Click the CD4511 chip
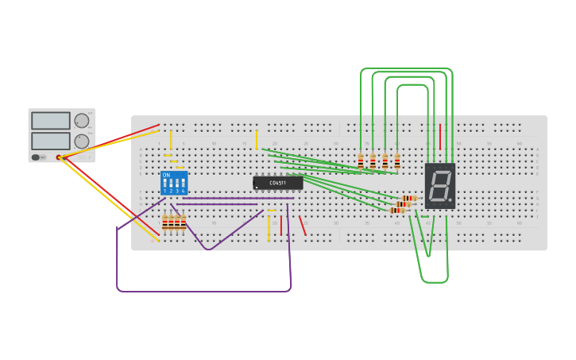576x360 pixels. click(x=278, y=183)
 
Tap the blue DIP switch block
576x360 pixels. click(x=174, y=183)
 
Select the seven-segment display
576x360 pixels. click(x=439, y=186)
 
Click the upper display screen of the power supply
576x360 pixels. click(x=51, y=121)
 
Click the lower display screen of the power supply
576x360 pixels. click(x=51, y=141)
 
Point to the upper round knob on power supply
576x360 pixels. click(x=82, y=121)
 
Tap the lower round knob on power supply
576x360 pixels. click(x=82, y=141)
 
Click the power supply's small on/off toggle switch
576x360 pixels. click(x=37, y=157)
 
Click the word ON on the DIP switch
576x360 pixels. click(x=166, y=175)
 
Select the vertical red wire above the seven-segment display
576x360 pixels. click(x=440, y=137)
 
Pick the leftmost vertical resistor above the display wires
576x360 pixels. click(x=361, y=161)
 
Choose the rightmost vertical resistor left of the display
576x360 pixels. click(x=397, y=161)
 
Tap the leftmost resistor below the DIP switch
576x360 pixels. click(x=165, y=223)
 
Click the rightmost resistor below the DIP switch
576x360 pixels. click(x=184, y=223)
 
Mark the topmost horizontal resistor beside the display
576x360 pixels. click(x=409, y=198)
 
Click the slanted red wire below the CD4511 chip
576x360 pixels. click(x=302, y=226)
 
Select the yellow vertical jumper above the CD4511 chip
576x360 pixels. click(x=257, y=139)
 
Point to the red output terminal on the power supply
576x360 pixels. click(x=59, y=158)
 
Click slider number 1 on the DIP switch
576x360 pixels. click(x=165, y=186)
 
